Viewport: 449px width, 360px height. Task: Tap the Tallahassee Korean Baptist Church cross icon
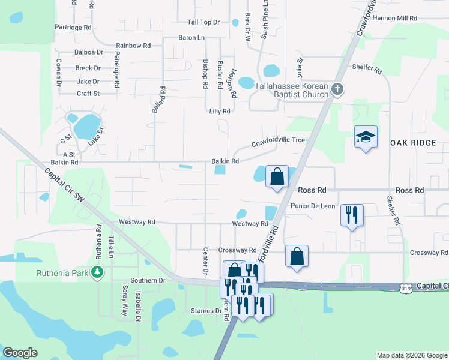pos(337,90)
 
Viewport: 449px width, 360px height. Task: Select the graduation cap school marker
pos(365,137)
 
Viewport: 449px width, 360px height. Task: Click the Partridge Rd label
pos(73,28)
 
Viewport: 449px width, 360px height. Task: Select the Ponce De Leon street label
pos(313,206)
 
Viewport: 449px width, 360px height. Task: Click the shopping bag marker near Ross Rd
pos(277,177)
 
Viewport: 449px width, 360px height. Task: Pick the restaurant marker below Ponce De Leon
pos(352,214)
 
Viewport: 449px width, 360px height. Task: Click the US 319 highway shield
pos(406,288)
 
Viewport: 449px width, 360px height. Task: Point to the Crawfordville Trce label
pos(278,140)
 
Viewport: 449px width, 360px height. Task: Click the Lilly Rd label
pos(220,112)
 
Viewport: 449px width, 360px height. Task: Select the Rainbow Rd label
pos(133,46)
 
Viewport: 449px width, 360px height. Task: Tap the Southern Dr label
pos(148,280)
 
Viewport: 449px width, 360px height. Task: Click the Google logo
pos(20,353)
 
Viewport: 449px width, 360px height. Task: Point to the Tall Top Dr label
pos(204,22)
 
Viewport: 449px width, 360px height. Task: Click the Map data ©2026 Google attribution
pos(411,355)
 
